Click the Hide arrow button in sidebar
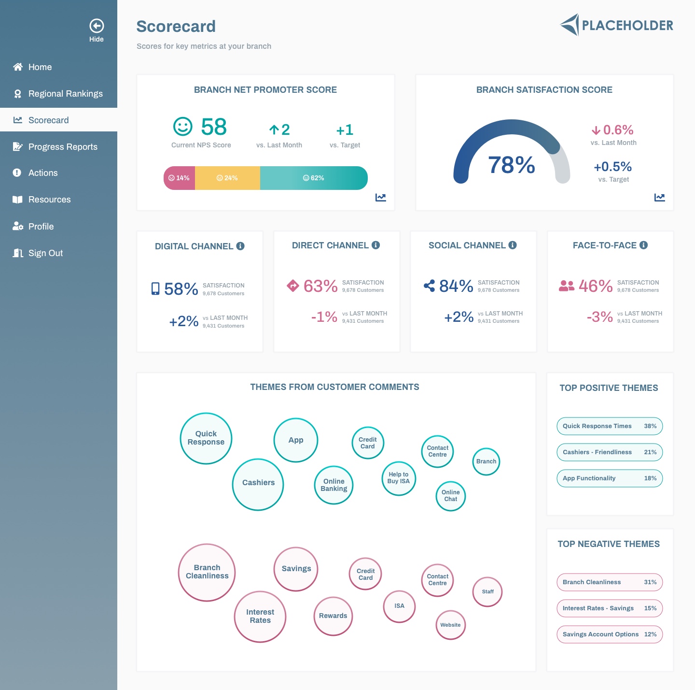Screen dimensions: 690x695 [x=97, y=26]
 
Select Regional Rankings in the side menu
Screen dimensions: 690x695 [x=65, y=94]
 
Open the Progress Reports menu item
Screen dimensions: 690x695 [x=63, y=147]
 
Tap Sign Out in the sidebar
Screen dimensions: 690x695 [x=45, y=253]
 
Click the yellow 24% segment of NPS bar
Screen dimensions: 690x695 [x=227, y=178]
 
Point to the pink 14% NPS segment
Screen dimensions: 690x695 [x=180, y=178]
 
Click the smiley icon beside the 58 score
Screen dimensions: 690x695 [x=183, y=127]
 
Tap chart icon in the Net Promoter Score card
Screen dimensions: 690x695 [x=381, y=197]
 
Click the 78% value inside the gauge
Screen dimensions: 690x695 [x=512, y=165]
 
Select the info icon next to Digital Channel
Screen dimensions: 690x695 [x=240, y=246]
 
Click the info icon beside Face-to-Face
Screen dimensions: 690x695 [x=643, y=245]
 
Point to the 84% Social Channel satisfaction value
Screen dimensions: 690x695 [x=456, y=286]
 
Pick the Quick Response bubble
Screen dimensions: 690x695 [x=206, y=438]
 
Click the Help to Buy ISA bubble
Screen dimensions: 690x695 [x=399, y=478]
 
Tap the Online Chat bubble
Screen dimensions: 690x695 [x=451, y=496]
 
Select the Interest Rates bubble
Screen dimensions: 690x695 [x=260, y=617]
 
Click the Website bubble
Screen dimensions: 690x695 [x=450, y=625]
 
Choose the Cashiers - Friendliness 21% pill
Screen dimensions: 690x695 [x=610, y=452]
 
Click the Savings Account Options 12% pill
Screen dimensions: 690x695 [x=610, y=634]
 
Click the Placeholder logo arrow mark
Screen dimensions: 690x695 [x=570, y=24]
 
